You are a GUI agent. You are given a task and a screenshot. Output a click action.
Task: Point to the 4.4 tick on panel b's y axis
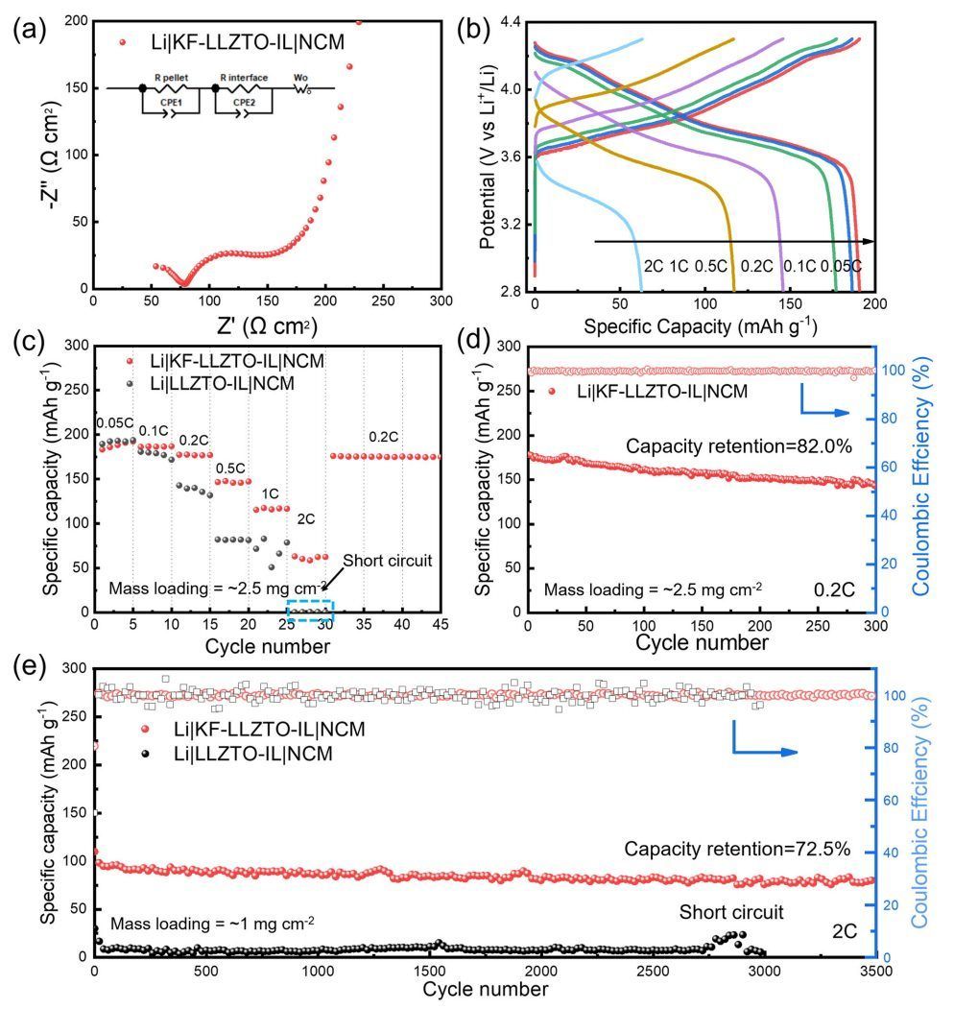(x=508, y=21)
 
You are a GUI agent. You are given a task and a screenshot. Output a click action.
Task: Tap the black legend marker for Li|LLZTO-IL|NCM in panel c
(x=134, y=382)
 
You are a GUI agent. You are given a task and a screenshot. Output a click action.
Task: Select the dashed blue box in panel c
(x=310, y=612)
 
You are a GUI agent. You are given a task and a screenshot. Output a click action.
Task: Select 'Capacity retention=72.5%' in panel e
(x=737, y=849)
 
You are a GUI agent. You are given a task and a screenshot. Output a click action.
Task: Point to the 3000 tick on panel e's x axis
(x=765, y=972)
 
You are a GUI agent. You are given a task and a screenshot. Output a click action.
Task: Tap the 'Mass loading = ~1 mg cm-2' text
(x=212, y=925)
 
